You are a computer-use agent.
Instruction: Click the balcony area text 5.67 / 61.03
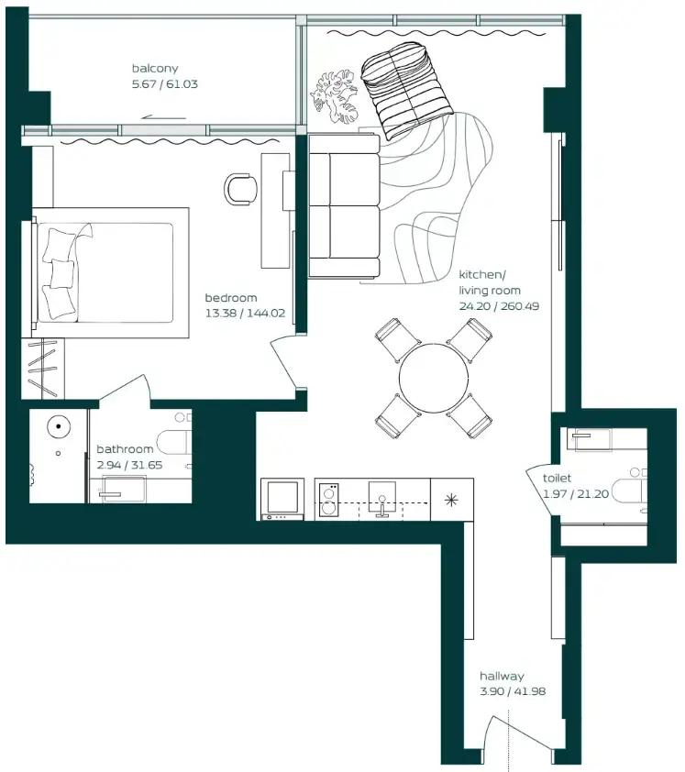[165, 83]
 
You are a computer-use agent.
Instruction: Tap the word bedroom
[230, 298]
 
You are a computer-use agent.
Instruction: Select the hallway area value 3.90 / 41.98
[512, 690]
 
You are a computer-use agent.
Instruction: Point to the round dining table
[434, 377]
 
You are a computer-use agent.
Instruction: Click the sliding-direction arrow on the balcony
[164, 116]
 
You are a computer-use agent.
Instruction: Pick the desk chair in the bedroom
[242, 189]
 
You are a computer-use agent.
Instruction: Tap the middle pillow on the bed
[62, 273]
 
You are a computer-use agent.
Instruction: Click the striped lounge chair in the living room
[406, 90]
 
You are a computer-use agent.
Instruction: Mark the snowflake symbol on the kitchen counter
[450, 500]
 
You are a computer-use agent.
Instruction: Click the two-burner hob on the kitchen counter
[328, 500]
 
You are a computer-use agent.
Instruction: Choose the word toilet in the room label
[557, 479]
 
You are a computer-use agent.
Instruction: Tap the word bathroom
[125, 449]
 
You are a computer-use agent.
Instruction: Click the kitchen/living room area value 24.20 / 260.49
[499, 306]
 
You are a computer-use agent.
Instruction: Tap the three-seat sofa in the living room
[344, 204]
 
